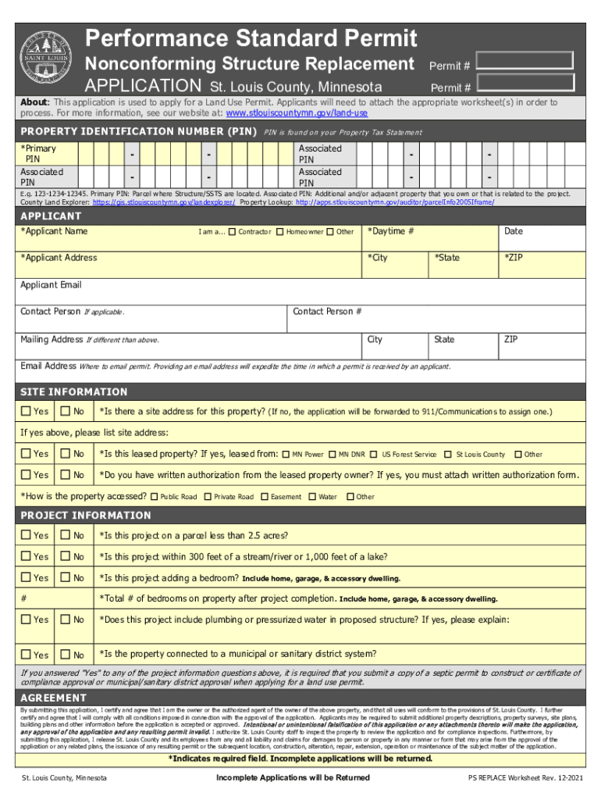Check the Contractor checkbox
[x=232, y=232]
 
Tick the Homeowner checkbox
[x=279, y=232]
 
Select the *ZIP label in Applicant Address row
[x=514, y=258]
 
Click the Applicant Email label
[x=51, y=285]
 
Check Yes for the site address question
[x=27, y=412]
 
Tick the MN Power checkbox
[x=286, y=454]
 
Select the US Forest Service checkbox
[x=375, y=454]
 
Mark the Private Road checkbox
[x=208, y=496]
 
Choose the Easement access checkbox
[x=265, y=496]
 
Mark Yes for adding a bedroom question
[x=27, y=578]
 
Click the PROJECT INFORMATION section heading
[x=86, y=516]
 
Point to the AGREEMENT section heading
[x=53, y=698]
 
